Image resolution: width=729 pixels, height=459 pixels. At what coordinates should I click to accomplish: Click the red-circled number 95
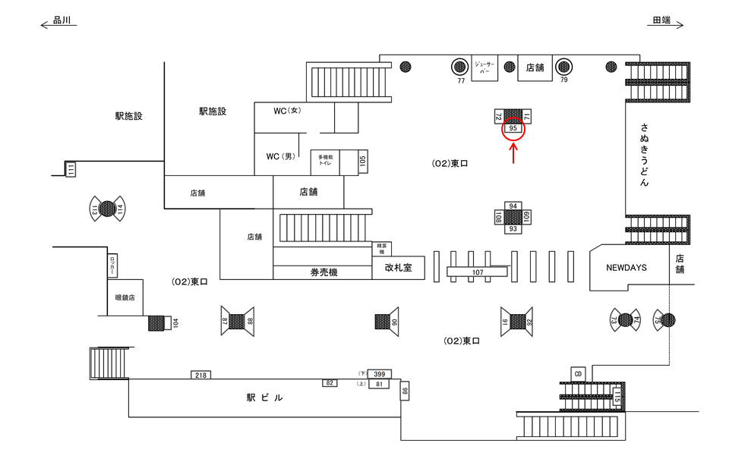click(x=514, y=130)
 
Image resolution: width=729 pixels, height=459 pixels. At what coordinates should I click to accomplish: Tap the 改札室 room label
click(x=398, y=267)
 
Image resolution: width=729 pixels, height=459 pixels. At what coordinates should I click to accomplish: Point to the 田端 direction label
click(x=661, y=21)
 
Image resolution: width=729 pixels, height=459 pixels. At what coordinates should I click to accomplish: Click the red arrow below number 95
click(x=514, y=154)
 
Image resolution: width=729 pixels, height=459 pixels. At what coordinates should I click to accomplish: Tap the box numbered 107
click(x=478, y=272)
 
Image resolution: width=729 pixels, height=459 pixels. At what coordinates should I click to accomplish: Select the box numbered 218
click(x=201, y=375)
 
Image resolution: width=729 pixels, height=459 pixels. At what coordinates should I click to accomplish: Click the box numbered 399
click(x=379, y=373)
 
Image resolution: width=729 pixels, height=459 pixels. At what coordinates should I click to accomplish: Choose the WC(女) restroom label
click(x=288, y=111)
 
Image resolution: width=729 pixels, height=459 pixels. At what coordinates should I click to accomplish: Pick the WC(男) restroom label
click(x=279, y=157)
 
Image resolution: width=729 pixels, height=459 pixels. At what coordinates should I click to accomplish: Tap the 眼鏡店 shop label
click(x=125, y=297)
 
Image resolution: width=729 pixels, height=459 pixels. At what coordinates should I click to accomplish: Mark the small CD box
click(x=578, y=374)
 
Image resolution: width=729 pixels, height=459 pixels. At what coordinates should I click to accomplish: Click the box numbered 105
click(x=363, y=162)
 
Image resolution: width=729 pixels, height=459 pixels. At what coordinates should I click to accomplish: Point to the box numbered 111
click(x=71, y=169)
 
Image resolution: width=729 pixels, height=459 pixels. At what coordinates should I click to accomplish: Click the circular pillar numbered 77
click(x=460, y=67)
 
